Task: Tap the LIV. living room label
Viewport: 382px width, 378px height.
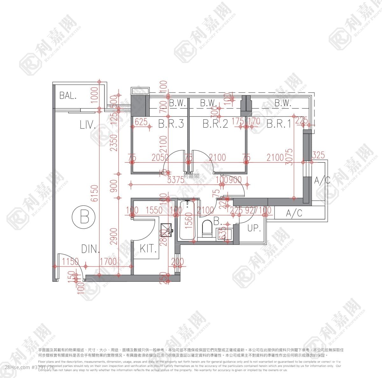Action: point(88,125)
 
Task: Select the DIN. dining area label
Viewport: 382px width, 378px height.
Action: point(90,249)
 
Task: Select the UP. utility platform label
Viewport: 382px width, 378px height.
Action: point(254,228)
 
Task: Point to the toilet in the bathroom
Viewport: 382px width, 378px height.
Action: point(207,228)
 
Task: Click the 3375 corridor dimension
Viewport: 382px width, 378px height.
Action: point(176,180)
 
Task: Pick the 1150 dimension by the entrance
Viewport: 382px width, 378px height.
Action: point(70,262)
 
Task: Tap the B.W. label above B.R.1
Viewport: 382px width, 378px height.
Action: point(282,103)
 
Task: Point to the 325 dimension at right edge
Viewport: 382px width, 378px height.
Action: point(318,155)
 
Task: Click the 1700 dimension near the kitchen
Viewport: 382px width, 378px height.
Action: point(108,262)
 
